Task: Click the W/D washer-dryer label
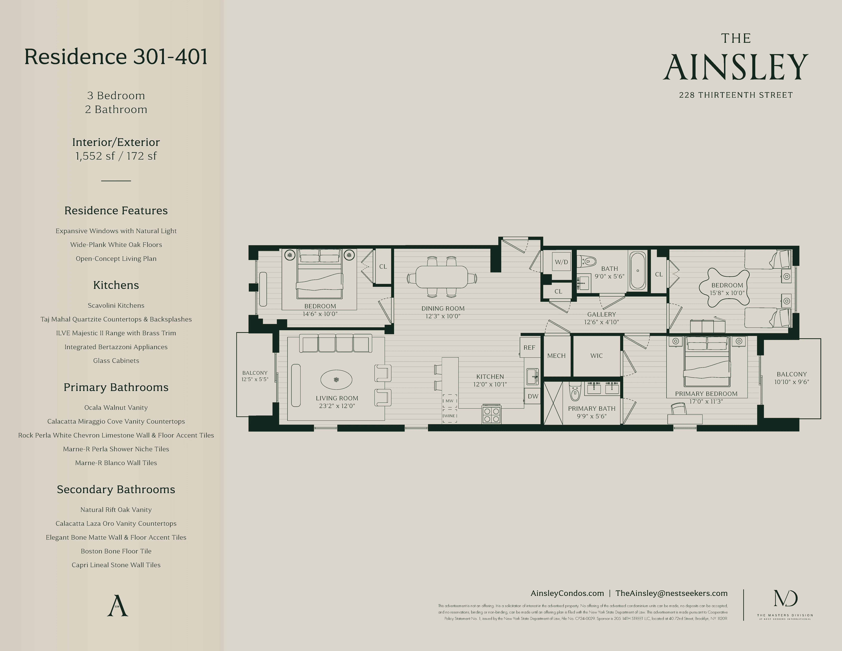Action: click(561, 262)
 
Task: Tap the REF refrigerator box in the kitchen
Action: click(529, 347)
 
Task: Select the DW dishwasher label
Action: click(533, 396)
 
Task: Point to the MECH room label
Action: click(556, 356)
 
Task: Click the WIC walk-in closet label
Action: click(596, 356)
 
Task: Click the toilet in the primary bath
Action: click(575, 393)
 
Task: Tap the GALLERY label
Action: click(601, 314)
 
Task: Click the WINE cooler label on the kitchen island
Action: click(450, 416)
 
